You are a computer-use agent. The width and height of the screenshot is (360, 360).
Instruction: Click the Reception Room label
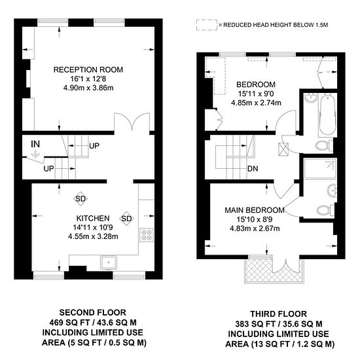88,69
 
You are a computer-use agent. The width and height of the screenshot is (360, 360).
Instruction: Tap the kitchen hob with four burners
147,234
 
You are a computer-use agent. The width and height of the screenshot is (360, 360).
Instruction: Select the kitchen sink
109,262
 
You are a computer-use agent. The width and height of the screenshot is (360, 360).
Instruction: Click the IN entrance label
35,144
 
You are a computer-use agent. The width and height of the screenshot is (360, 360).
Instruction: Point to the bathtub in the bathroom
327,115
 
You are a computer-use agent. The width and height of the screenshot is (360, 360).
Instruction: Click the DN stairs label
253,169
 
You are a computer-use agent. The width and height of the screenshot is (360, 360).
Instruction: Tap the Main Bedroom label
255,210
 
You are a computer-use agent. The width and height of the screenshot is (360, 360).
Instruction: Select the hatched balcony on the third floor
274,271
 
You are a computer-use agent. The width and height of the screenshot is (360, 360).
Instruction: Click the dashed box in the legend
207,25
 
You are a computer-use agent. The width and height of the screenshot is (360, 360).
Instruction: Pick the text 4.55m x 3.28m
93,236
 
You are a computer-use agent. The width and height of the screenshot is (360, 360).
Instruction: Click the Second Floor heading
92,312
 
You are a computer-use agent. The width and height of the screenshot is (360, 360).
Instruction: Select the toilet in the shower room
325,210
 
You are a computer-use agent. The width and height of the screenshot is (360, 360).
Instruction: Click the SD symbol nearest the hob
126,219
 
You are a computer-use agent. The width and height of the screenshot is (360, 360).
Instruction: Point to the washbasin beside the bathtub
311,98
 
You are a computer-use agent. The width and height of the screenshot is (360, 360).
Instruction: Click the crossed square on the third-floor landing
283,149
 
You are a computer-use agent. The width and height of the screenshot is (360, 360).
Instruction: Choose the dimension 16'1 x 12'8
88,79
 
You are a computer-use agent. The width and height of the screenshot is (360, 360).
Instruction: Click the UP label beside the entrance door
48,169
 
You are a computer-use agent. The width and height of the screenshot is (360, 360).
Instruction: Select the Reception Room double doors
132,122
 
